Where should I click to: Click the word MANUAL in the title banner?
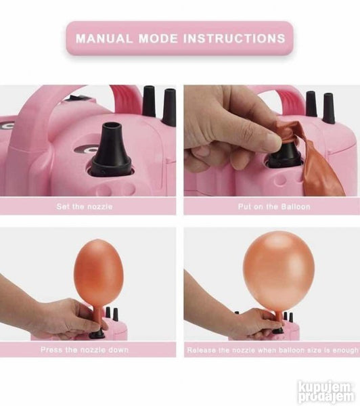pyautogui.click(x=104, y=39)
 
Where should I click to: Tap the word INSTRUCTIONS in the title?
pyautogui.click(x=234, y=39)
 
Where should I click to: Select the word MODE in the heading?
pyautogui.click(x=158, y=39)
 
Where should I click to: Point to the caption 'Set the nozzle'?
pyautogui.click(x=85, y=206)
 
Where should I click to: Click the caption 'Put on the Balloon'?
pyautogui.click(x=274, y=206)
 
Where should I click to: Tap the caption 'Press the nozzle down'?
pyautogui.click(x=85, y=350)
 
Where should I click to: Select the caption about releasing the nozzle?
pyautogui.click(x=273, y=350)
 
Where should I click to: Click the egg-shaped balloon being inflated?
pyautogui.click(x=98, y=271)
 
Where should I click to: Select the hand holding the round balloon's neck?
pyautogui.click(x=248, y=320)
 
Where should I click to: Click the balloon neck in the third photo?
pyautogui.click(x=98, y=317)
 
